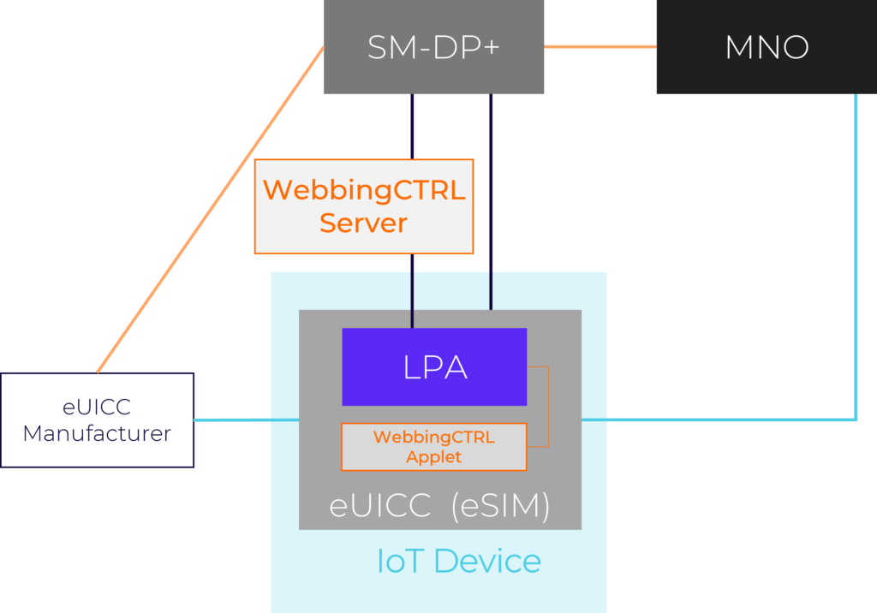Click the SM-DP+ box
point(433,47)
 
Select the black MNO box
point(766,47)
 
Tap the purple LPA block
point(434,366)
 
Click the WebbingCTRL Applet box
point(433,447)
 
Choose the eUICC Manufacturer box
point(97,420)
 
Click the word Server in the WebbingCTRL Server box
point(363,223)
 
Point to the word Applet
point(433,457)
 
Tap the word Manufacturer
point(97,434)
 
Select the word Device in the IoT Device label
point(488,562)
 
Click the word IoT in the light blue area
point(401,562)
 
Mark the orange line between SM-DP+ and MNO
point(600,46)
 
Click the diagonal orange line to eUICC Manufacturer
point(210,210)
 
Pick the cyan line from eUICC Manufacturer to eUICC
point(246,420)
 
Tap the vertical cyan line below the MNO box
point(856,257)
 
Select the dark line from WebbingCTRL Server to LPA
point(412,291)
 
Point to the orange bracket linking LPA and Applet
point(546,407)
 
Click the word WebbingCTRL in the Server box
point(363,190)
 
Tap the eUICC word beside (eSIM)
point(379,506)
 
